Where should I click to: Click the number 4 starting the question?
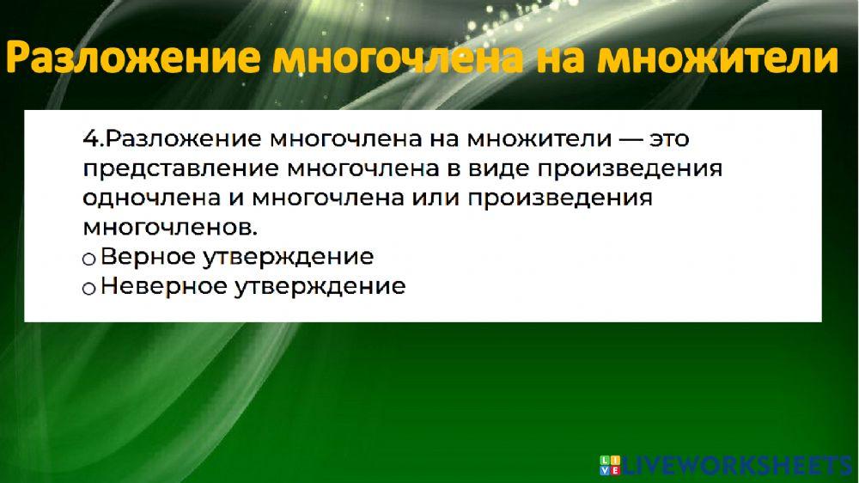pyautogui.click(x=88, y=138)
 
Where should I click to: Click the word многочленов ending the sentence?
pyautogui.click(x=170, y=227)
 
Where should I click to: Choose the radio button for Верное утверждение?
pyautogui.click(x=88, y=259)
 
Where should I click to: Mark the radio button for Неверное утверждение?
pyautogui.click(x=88, y=289)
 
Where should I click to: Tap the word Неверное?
pyautogui.click(x=163, y=286)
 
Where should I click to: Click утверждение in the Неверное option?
pyautogui.click(x=320, y=286)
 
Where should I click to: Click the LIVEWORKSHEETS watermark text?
pyautogui.click(x=735, y=465)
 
